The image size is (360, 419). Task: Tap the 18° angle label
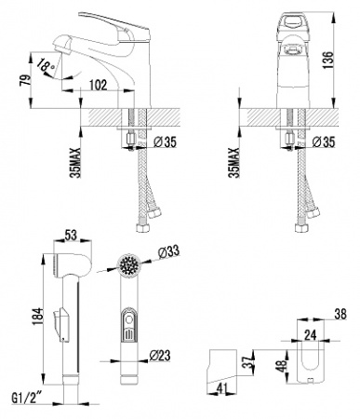tap(44, 65)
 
